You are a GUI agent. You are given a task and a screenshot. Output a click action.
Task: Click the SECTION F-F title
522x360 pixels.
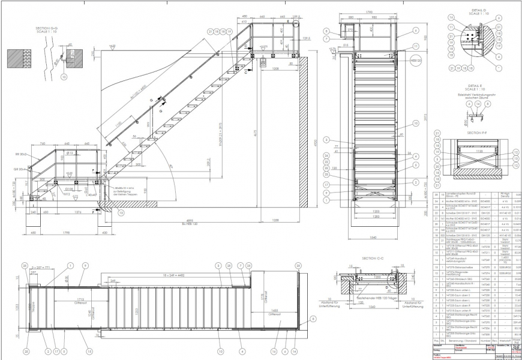[x=473, y=133]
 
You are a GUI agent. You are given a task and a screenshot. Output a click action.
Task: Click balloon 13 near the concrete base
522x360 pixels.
[x=121, y=212]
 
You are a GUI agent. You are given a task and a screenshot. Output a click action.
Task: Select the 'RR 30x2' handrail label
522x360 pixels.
[x=23, y=154]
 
